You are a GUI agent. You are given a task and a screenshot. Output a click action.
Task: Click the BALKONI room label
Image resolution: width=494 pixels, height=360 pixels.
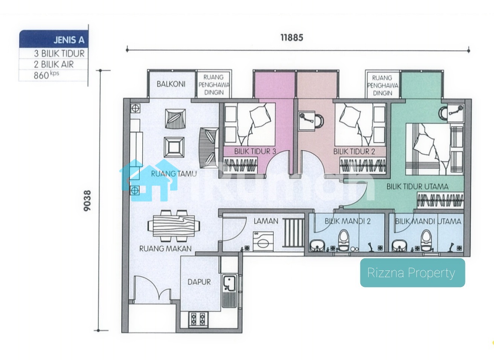pyautogui.click(x=171, y=84)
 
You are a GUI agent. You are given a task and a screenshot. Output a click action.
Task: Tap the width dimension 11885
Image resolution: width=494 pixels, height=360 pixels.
pyautogui.click(x=292, y=38)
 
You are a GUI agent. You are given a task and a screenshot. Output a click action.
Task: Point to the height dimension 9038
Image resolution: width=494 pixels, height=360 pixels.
pyautogui.click(x=87, y=200)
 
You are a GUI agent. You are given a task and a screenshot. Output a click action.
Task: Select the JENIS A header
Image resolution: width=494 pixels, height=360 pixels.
pyautogui.click(x=69, y=40)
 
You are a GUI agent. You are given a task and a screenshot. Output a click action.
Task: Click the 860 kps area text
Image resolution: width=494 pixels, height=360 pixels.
pyautogui.click(x=46, y=75)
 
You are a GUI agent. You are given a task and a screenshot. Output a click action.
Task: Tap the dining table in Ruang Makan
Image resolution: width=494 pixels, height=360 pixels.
pyautogui.click(x=174, y=226)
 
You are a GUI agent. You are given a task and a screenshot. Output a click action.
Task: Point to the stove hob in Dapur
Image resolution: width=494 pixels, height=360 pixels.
pyautogui.click(x=198, y=320)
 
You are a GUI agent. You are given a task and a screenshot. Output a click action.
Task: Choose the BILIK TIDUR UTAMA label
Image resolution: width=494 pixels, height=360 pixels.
pyautogui.click(x=417, y=187)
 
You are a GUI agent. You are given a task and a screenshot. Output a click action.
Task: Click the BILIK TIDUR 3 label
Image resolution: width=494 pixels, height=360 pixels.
pyautogui.click(x=255, y=151)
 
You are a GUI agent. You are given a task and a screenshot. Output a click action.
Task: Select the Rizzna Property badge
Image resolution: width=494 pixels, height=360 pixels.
pyautogui.click(x=413, y=273)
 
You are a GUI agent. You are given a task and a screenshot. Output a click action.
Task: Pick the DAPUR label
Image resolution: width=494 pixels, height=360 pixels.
pyautogui.click(x=199, y=282)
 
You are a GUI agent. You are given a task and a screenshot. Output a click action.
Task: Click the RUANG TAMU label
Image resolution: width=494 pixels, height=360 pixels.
pyautogui.click(x=174, y=174)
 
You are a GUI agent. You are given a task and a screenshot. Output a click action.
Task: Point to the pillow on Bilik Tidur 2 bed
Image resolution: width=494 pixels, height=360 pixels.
pyautogui.click(x=349, y=116)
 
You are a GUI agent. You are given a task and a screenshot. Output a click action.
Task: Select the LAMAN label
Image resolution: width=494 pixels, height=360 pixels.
pyautogui.click(x=266, y=221)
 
